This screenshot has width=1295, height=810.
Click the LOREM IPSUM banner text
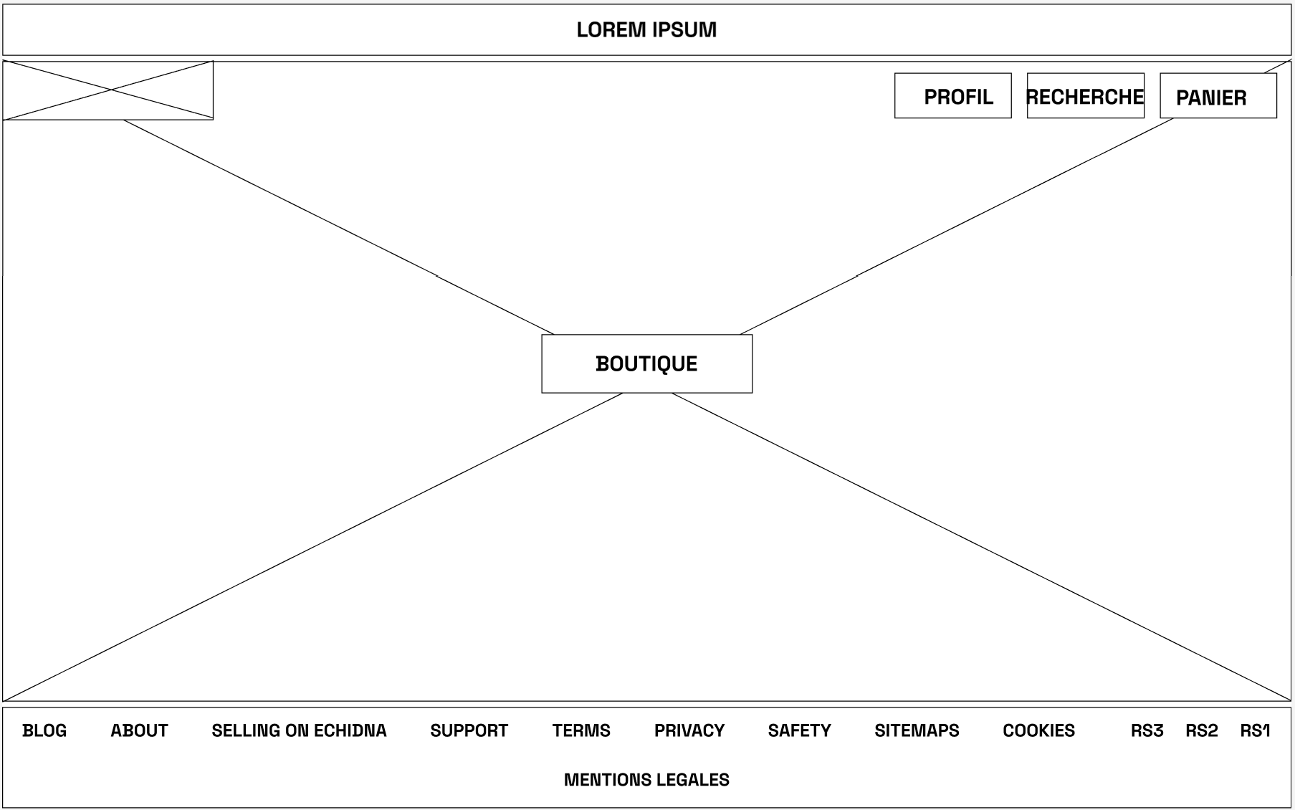(x=646, y=30)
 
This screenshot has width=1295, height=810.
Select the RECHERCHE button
(x=1085, y=95)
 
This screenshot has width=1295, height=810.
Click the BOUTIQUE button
(x=646, y=363)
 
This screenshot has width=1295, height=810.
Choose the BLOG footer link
(x=44, y=730)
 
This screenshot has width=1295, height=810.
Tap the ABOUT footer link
(x=139, y=730)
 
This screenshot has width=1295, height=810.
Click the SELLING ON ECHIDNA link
(x=299, y=730)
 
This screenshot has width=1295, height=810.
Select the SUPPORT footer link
(x=469, y=730)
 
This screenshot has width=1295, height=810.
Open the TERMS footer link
(x=581, y=730)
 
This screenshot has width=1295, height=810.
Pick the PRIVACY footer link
(x=689, y=730)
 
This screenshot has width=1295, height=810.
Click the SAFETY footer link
(x=799, y=730)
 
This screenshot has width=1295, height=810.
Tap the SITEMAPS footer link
(x=917, y=730)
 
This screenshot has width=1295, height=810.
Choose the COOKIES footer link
(x=1038, y=730)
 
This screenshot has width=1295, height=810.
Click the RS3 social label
(x=1147, y=730)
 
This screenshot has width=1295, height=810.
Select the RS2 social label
(x=1201, y=730)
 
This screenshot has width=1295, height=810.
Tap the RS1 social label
(x=1255, y=730)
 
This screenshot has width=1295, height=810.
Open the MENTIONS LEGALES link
(x=646, y=780)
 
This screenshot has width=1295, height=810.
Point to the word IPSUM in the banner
(x=684, y=30)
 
